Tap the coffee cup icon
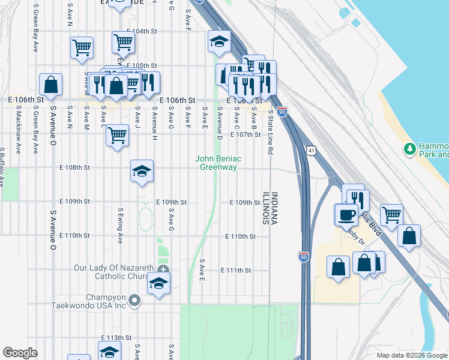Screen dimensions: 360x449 tap(346, 214)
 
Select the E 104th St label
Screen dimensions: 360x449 tap(142, 31)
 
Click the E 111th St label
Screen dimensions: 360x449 tap(236, 271)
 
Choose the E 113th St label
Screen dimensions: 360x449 tap(116, 338)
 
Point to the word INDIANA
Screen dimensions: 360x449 tap(274, 208)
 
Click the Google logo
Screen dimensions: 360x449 tap(20, 353)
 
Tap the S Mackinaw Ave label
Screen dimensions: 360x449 tap(19, 130)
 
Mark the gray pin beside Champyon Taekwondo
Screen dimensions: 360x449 tap(134, 301)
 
